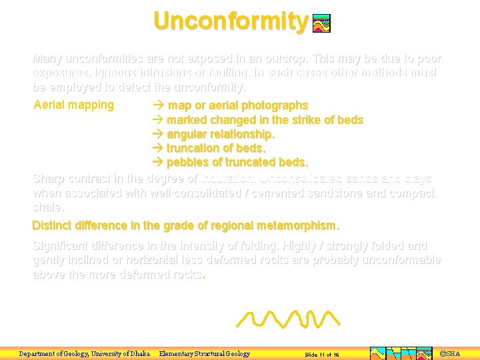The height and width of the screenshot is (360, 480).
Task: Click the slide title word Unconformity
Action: [x=231, y=21]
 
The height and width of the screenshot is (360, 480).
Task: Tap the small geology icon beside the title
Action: [x=321, y=23]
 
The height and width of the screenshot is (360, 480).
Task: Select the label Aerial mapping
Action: [x=73, y=105]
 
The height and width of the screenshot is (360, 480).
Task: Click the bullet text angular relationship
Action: [x=220, y=134]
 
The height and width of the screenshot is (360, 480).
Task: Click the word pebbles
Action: [x=187, y=162]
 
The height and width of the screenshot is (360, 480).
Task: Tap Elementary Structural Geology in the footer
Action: [x=205, y=353]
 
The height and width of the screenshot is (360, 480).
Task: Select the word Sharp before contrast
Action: [x=48, y=179]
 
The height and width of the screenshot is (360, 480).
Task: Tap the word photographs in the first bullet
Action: [x=277, y=105]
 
